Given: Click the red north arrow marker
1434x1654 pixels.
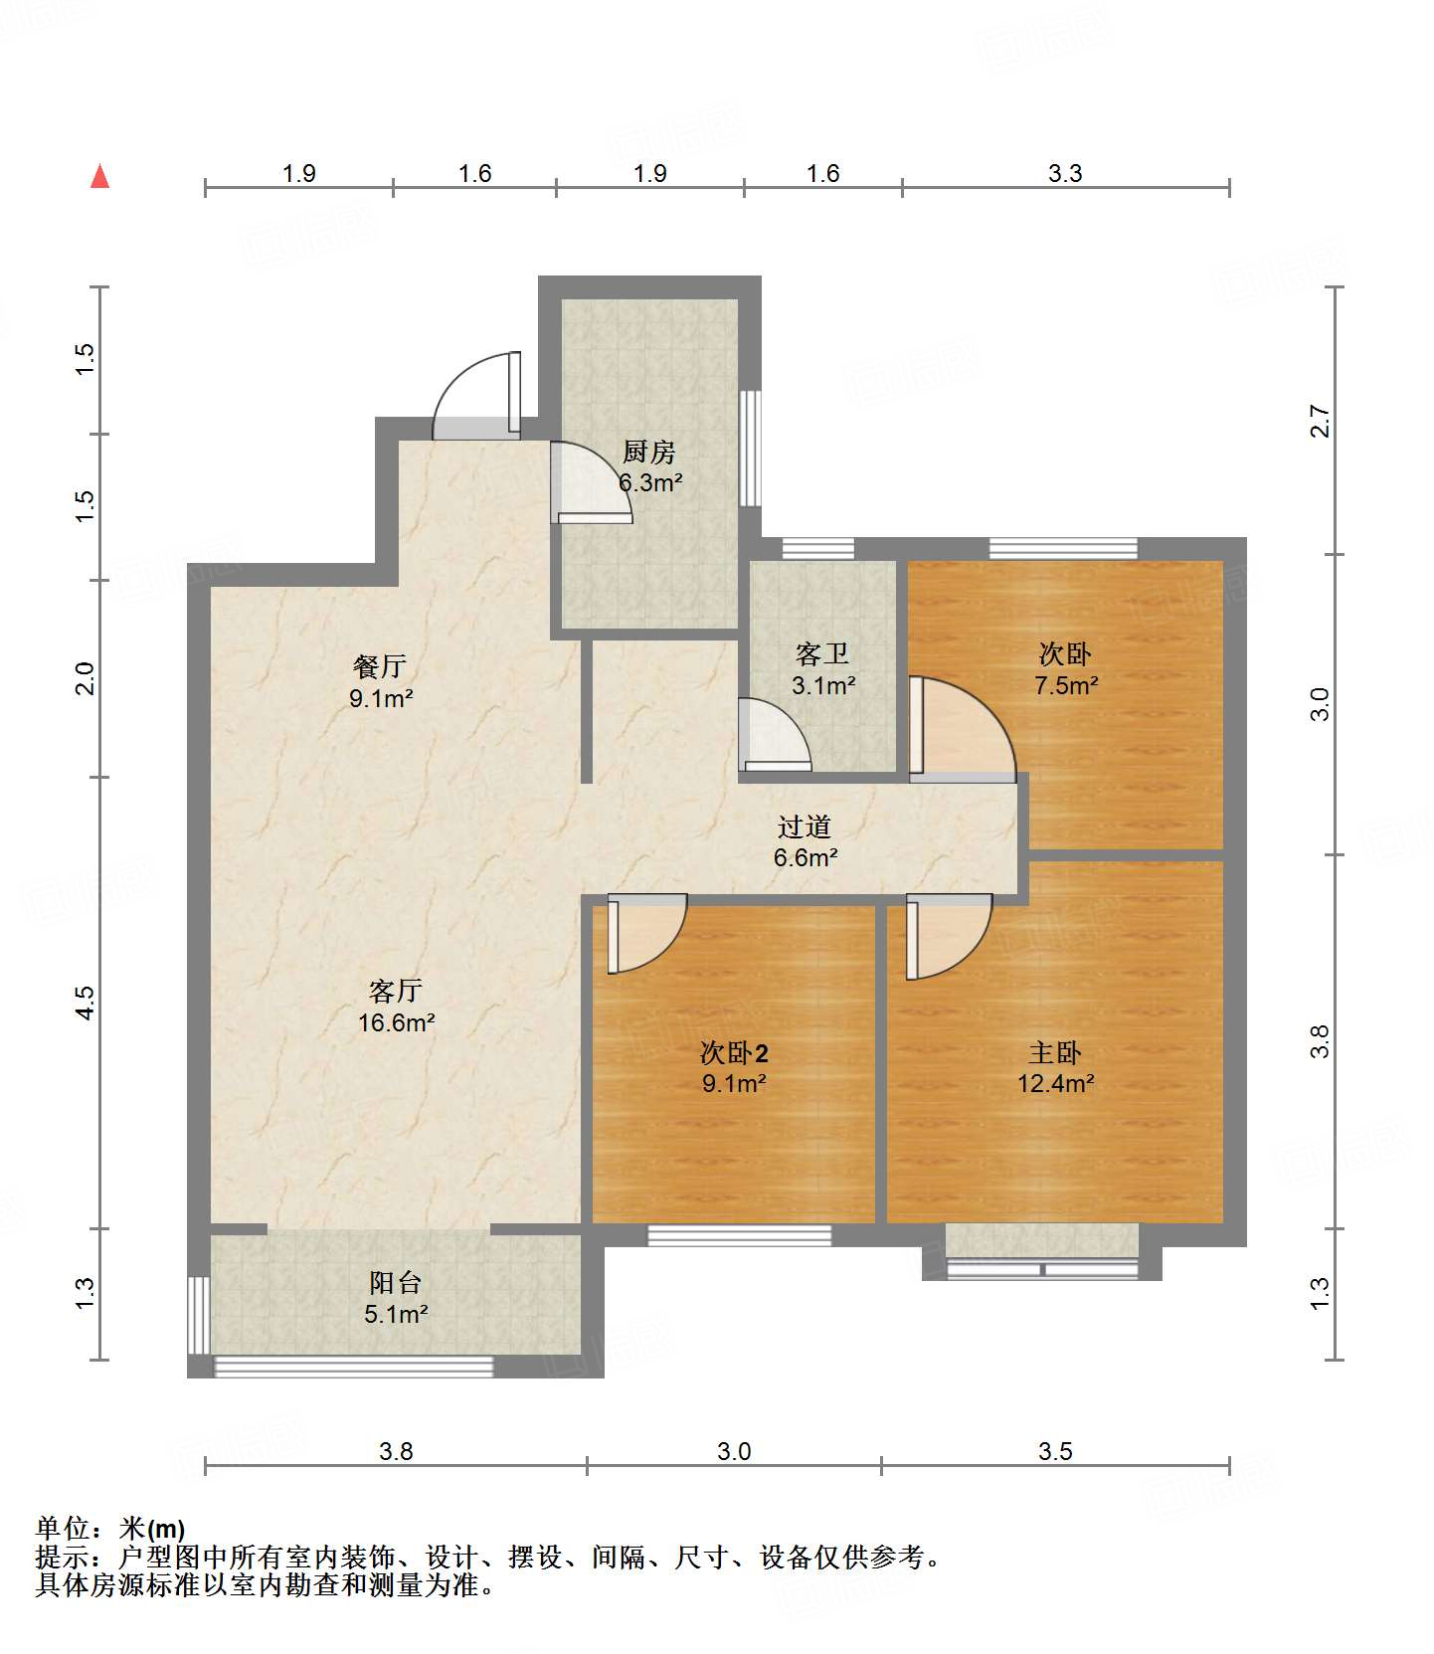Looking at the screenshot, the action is click(99, 176).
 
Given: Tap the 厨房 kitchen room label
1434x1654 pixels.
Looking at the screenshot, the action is click(649, 453).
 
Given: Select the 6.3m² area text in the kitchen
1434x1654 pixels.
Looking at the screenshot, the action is click(650, 483).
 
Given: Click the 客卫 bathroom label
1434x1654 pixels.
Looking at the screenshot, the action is click(822, 654).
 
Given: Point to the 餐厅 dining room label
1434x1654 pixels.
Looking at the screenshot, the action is click(380, 667).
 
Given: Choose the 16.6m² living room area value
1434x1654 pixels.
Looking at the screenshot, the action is click(397, 1022).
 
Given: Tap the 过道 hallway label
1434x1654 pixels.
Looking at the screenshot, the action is click(805, 827).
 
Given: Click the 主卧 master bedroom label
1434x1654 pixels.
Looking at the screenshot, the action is click(1055, 1052).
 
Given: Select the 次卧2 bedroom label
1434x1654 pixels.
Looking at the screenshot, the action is click(735, 1052).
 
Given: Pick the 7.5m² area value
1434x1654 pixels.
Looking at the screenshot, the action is click(1066, 685).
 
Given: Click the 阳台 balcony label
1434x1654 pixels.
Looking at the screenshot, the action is click(396, 1283).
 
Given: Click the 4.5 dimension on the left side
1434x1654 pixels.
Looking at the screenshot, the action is click(86, 1002).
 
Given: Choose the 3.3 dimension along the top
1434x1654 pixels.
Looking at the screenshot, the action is click(1065, 174).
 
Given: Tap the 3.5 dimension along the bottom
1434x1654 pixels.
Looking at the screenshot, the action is click(1055, 1452).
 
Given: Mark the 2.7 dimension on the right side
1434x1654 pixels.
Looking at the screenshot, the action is click(1320, 420).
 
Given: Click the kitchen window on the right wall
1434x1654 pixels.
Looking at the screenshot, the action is click(751, 448).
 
